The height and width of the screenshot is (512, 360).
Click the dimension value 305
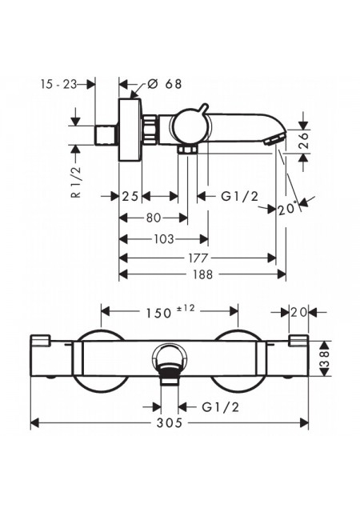click(169, 423)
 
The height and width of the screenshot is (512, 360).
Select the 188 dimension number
click(202, 274)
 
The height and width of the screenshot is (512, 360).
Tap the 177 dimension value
click(198, 258)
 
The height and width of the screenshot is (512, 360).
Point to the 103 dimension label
click(164, 239)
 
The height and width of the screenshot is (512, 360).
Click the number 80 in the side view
click(154, 218)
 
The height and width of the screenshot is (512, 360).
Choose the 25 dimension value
click(130, 196)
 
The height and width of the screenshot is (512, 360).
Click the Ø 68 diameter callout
click(164, 84)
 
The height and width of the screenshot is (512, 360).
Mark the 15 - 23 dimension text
click(58, 84)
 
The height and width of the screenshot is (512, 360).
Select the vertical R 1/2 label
click(76, 182)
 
